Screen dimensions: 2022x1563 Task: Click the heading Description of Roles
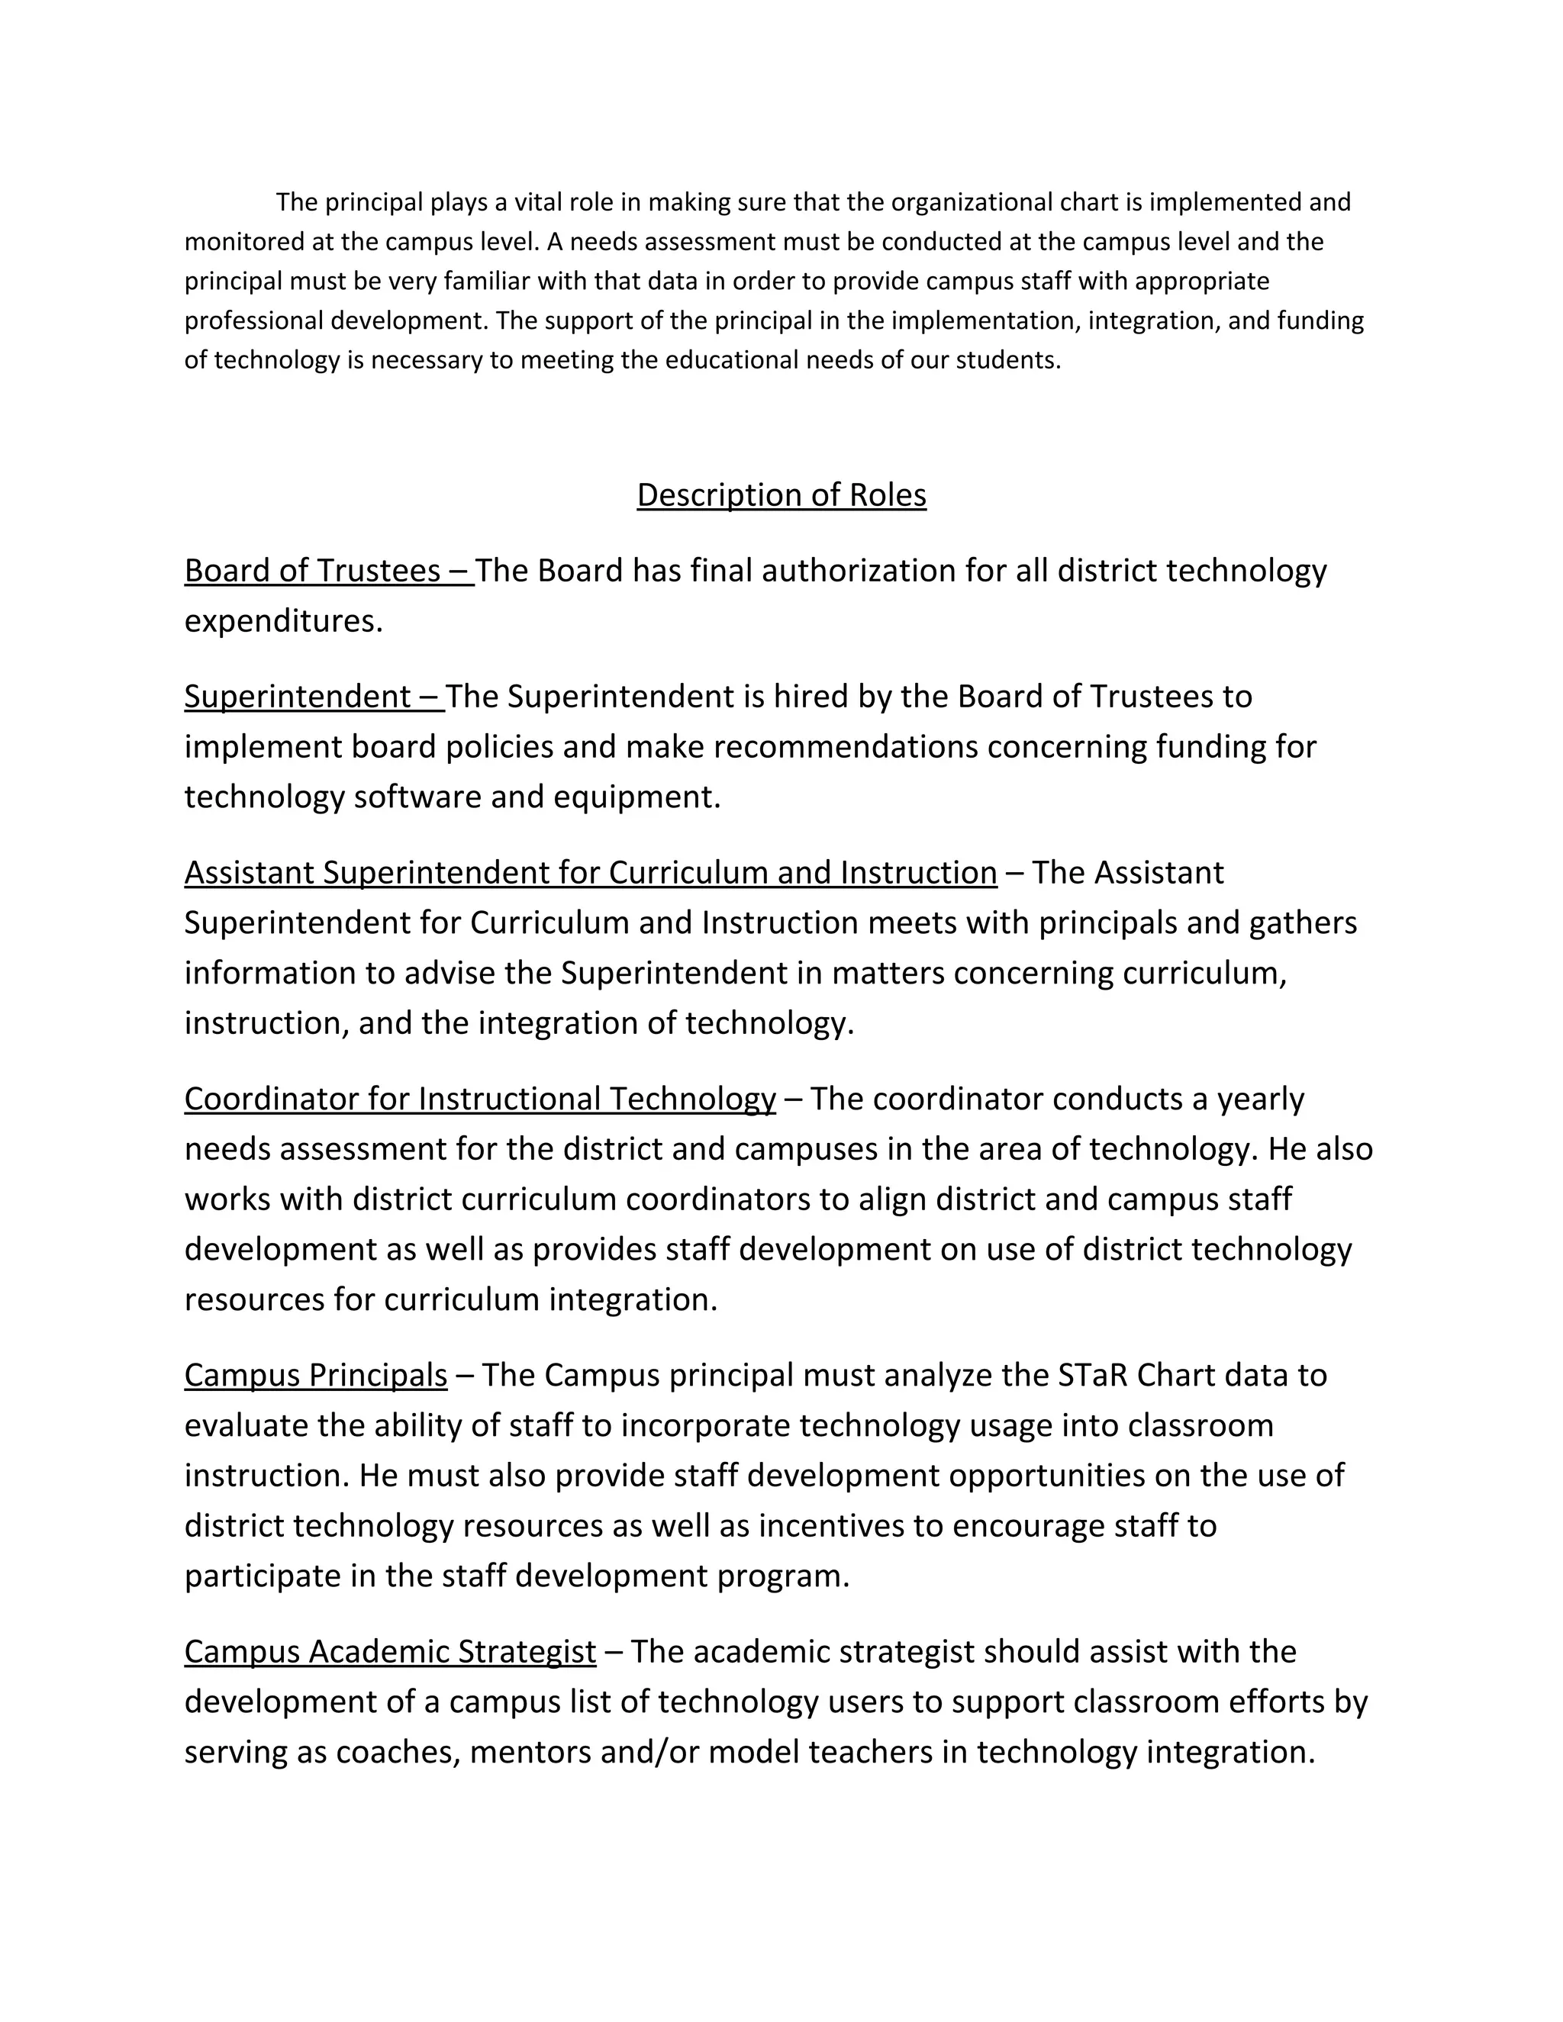pyautogui.click(x=781, y=495)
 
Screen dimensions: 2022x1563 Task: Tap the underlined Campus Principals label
pyautogui.click(x=316, y=1376)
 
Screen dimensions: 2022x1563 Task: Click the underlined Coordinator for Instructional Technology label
pyautogui.click(x=479, y=1099)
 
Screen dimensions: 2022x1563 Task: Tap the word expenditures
pyautogui.click(x=283, y=621)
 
